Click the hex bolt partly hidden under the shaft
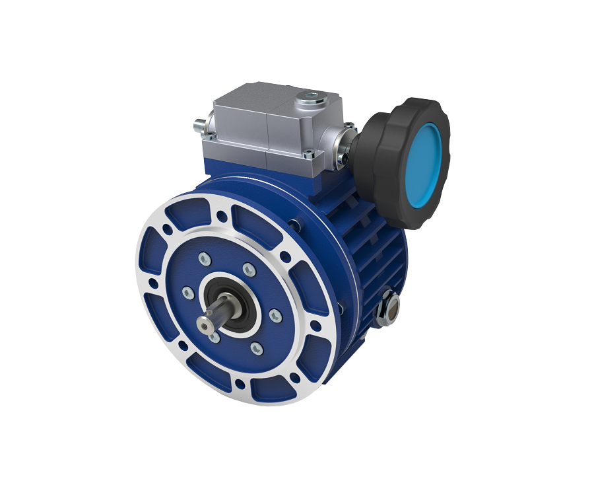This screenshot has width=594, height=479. (215, 336)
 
